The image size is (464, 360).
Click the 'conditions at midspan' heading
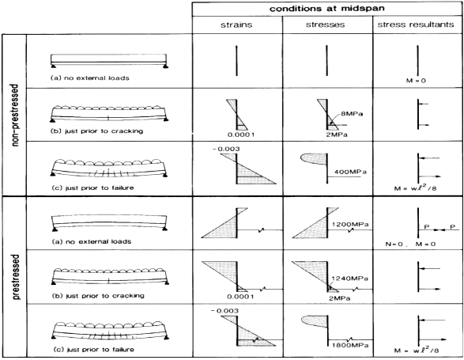tap(327, 9)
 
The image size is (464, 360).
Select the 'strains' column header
tap(236, 25)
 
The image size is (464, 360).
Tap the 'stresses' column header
tap(325, 25)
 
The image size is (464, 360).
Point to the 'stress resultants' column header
tap(416, 25)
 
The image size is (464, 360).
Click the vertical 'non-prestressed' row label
tap(15, 116)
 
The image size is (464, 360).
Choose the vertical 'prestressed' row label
tap(16, 277)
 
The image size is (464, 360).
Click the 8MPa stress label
tap(352, 114)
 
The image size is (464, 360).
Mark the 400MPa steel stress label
tap(350, 172)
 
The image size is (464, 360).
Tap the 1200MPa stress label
tap(350, 224)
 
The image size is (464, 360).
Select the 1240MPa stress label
tap(349, 279)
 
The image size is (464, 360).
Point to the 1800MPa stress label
tap(350, 345)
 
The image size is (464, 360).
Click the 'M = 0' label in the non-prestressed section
tap(416, 81)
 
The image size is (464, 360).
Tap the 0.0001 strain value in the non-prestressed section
tap(241, 135)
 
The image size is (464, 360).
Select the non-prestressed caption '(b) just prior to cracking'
tap(96, 131)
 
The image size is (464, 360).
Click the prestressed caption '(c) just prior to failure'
tap(94, 350)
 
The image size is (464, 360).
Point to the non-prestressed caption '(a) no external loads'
tap(90, 78)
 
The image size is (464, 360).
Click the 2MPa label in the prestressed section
tap(339, 298)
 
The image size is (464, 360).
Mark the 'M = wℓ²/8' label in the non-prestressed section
tap(415, 188)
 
